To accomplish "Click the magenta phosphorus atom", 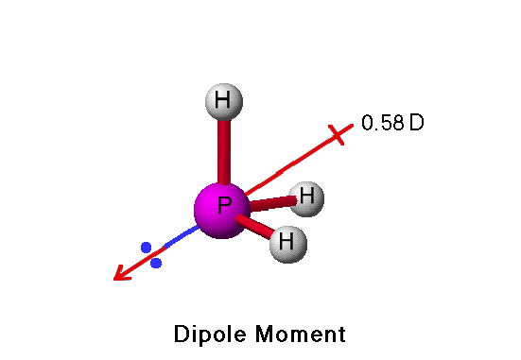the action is point(222,211).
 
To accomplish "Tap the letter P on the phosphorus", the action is point(224,207).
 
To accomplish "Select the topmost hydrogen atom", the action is point(223,101).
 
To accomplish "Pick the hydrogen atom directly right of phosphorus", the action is point(306,197).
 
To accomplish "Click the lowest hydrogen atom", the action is point(287,244).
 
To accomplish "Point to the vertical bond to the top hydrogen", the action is point(223,151).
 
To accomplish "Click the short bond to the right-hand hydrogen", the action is point(270,201).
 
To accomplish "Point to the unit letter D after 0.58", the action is point(416,124).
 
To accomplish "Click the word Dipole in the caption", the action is point(208,334).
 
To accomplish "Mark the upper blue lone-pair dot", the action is point(146,248).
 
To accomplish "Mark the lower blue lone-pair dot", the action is point(156,263).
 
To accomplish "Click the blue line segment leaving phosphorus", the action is point(180,236).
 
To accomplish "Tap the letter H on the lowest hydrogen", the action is point(288,245).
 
